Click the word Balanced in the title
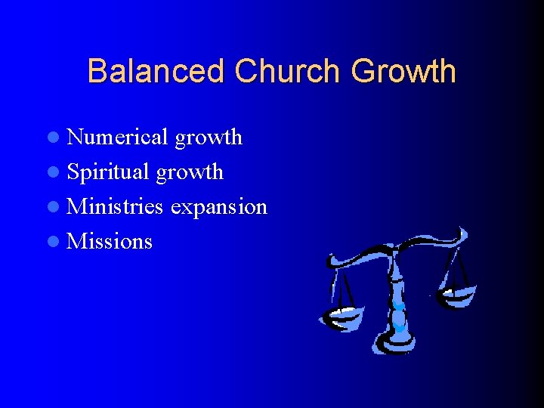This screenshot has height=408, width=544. coord(156,72)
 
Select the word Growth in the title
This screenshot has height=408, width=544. coord(403,72)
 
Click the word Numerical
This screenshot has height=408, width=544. coord(117,137)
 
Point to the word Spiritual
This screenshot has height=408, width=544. coord(108,172)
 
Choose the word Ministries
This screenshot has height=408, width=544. coord(115,206)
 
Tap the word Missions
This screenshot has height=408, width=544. coord(110,242)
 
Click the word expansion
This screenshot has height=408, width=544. coord(218,206)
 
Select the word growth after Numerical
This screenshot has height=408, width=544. coord(209,138)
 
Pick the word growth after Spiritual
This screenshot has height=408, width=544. coord(190,173)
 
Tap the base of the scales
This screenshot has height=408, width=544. coord(396,344)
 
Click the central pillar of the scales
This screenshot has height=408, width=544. coord(396,295)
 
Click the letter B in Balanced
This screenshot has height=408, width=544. coord(97,72)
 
